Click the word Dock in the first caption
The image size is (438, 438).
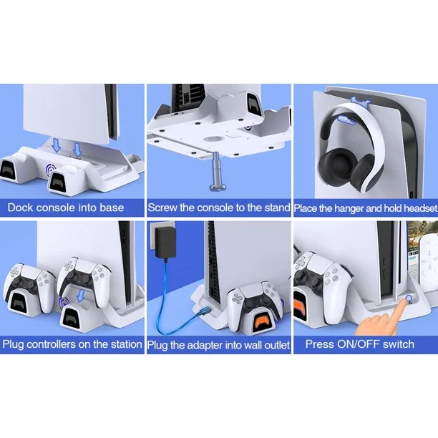[21, 208]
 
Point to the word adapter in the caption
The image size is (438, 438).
[205, 345]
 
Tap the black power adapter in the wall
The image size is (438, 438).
[165, 243]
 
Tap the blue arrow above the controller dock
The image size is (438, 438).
[81, 296]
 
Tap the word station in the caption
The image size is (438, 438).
[126, 344]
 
